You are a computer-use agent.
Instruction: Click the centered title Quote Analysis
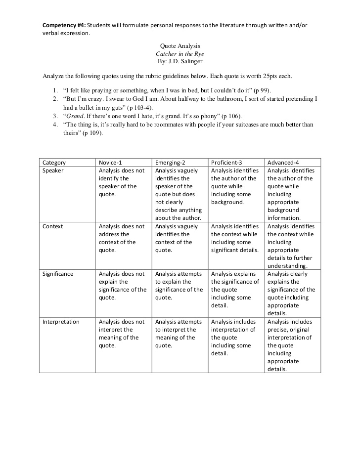180,46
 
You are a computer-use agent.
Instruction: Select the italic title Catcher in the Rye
180,53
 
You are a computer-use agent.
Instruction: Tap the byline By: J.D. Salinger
180,61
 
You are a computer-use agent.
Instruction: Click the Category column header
54,163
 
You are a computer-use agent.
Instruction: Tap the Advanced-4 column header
283,163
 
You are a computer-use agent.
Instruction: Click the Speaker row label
53,170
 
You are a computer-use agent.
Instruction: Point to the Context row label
53,226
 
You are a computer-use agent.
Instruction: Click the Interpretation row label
61,322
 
